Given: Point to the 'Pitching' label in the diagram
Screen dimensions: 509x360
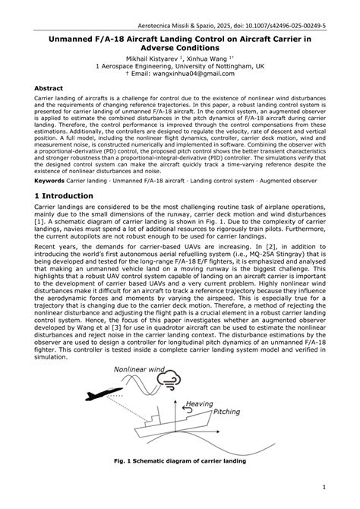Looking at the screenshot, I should (x=226, y=412).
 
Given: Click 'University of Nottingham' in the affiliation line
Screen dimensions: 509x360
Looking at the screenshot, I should (x=213, y=66).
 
